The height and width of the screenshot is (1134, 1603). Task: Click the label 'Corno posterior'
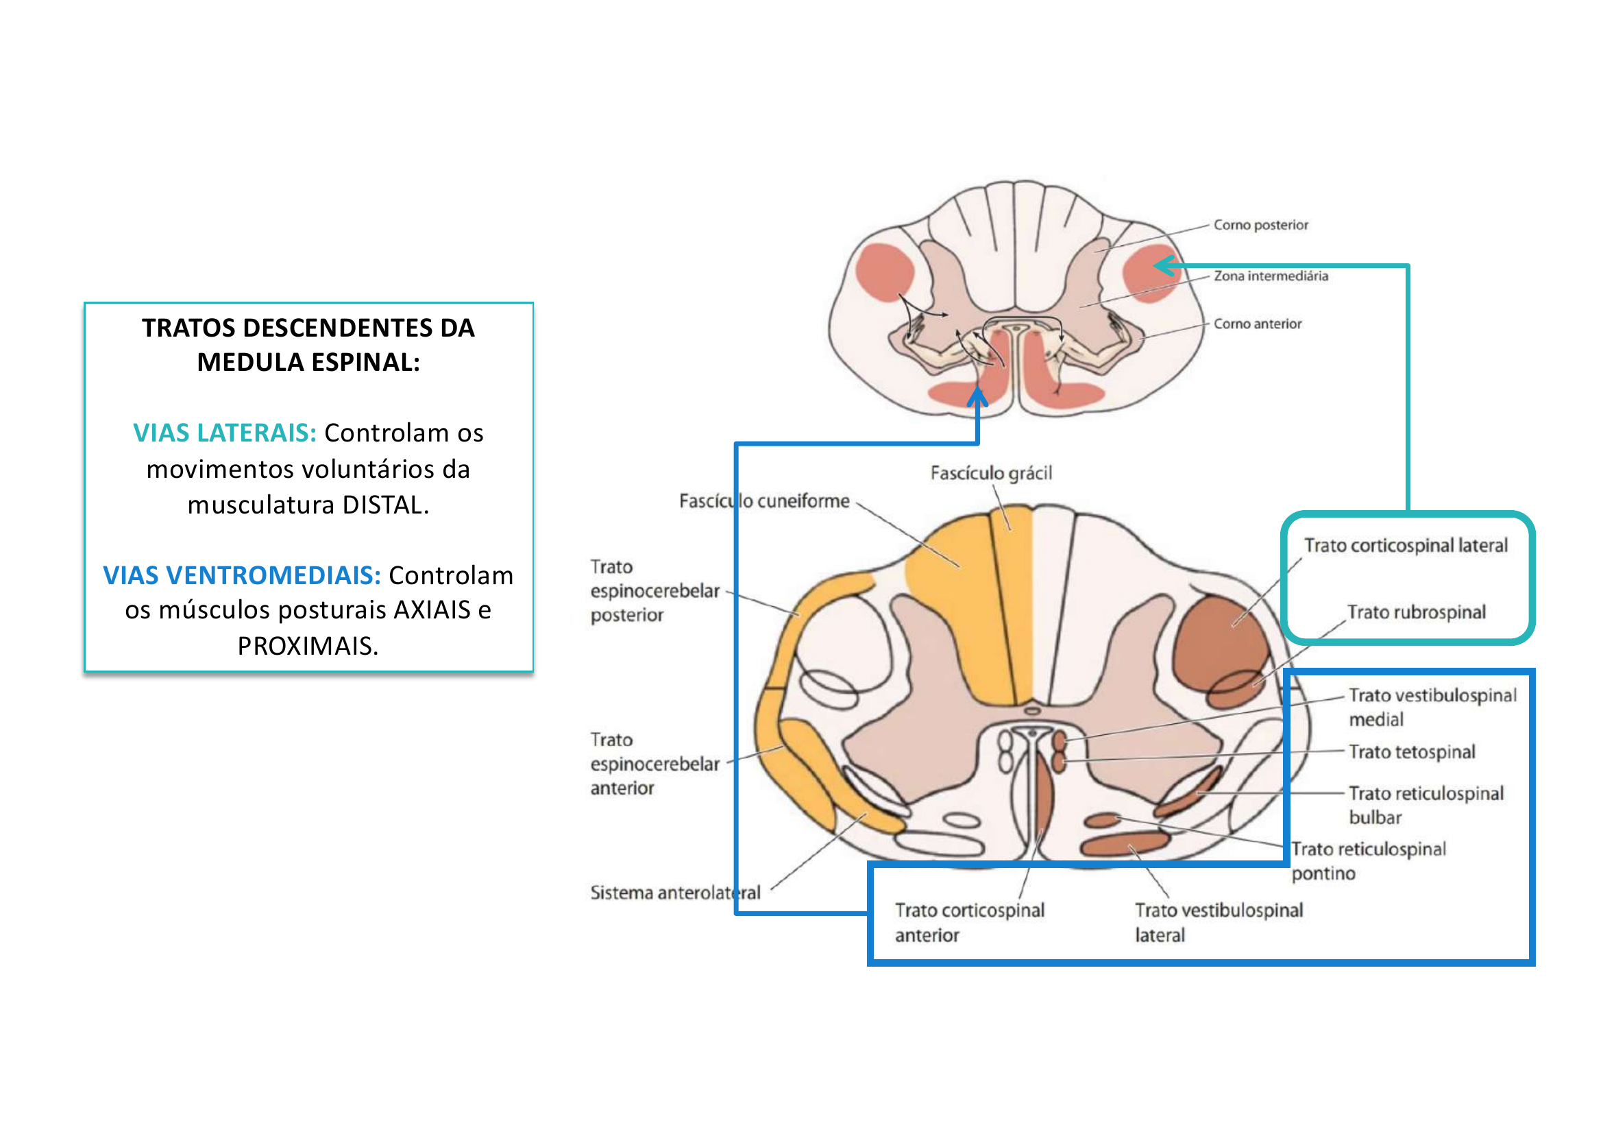[x=1260, y=225]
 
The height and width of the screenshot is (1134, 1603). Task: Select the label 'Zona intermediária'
[x=1270, y=276]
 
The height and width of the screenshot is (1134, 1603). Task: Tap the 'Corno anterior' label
[x=1257, y=324]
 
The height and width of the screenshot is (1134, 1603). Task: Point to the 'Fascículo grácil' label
[x=991, y=474]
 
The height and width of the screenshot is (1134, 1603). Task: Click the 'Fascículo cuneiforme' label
[x=763, y=501]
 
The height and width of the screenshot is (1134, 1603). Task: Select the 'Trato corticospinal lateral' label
[x=1406, y=545]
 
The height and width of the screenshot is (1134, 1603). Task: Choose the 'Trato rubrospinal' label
[x=1415, y=612]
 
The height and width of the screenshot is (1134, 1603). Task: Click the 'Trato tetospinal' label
[x=1412, y=752]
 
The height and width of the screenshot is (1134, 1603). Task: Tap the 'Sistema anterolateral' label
[x=675, y=893]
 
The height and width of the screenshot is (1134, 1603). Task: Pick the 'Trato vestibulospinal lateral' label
[x=1219, y=922]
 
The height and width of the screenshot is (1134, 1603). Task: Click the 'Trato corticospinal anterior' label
[x=969, y=922]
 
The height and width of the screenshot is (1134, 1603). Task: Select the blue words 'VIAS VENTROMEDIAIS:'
[x=241, y=575]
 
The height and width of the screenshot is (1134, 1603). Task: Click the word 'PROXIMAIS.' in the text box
[x=308, y=647]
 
